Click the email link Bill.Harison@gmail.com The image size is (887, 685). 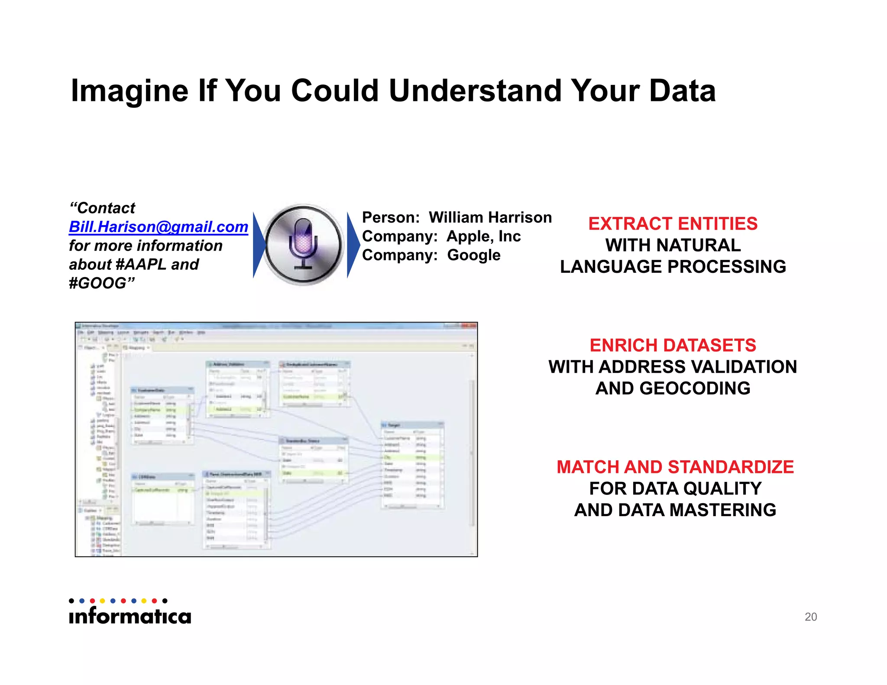point(159,227)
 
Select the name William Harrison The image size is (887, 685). point(490,217)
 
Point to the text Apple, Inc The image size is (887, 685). point(483,236)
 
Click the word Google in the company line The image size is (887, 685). point(473,255)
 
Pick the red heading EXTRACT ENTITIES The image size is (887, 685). point(673,224)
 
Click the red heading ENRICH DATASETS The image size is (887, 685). point(673,346)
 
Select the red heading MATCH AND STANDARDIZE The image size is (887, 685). point(675,467)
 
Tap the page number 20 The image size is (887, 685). point(810,617)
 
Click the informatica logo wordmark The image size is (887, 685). point(130,615)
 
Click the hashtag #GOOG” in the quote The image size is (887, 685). point(102,283)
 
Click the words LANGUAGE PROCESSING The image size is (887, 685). point(673,267)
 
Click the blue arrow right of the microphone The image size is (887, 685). point(353,245)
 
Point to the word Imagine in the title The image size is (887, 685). point(129,91)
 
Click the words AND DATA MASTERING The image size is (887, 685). point(675,510)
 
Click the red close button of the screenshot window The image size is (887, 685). point(471,326)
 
